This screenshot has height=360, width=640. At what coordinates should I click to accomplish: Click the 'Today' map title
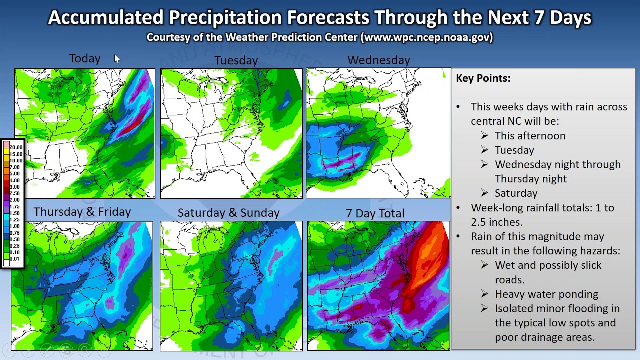tap(85, 59)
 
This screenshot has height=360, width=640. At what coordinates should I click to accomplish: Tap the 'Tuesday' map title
tap(236, 60)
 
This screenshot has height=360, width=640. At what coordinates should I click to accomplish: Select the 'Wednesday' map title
tap(378, 60)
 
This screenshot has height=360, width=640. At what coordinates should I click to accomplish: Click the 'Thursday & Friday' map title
tap(82, 212)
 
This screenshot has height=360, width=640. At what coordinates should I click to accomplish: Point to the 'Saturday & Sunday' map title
tap(228, 213)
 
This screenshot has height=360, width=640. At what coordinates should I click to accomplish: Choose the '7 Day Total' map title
tap(375, 213)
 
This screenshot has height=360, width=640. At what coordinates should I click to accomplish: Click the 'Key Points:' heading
tap(483, 78)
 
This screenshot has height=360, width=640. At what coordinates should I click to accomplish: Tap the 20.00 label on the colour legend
tap(16, 147)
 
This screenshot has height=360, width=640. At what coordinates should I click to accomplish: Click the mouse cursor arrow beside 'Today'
tap(117, 59)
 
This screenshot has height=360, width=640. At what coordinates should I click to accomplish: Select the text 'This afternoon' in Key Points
tap(530, 136)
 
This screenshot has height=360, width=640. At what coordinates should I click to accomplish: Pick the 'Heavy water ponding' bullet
tap(546, 294)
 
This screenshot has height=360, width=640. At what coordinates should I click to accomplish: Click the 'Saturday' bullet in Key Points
tap(516, 193)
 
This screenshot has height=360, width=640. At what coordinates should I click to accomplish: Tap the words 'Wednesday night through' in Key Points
tap(557, 164)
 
